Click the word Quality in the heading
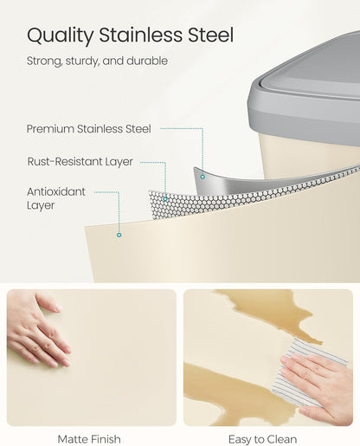60,36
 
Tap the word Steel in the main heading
210,35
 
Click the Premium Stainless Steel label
88,129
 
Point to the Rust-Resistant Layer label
80,161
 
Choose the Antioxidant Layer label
56,198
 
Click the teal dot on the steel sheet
202,177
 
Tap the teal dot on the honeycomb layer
165,199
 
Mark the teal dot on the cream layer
119,235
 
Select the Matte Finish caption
89,439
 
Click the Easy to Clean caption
262,439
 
